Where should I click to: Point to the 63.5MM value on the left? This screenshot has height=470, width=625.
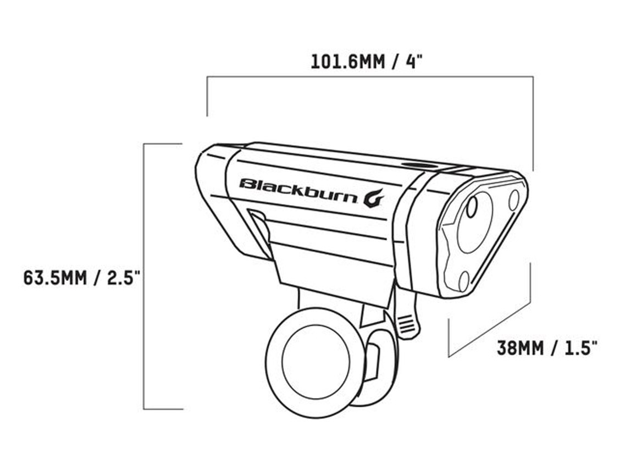[55, 277]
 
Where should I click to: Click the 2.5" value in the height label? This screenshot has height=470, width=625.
[121, 277]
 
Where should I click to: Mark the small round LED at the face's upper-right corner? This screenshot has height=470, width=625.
[514, 200]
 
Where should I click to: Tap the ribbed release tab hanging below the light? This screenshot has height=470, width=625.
[406, 325]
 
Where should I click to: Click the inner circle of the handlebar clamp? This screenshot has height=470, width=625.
[316, 361]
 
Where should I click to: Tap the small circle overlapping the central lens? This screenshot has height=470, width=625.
[471, 208]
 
